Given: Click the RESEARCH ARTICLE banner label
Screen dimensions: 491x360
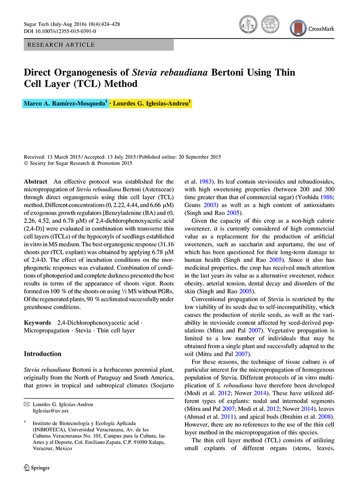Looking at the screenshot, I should pyautogui.click(x=61, y=45).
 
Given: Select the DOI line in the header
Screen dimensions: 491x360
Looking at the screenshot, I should pyautogui.click(x=59, y=31).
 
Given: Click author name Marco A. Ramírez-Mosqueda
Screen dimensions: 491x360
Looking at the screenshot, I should pyautogui.click(x=65, y=104).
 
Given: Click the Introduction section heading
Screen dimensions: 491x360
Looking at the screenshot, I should pyautogui.click(x=43, y=354).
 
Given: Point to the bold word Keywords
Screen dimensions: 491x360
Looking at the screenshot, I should pyautogui.click(x=37, y=323).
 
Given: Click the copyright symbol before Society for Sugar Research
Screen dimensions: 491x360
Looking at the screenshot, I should pyautogui.click(x=26, y=163).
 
